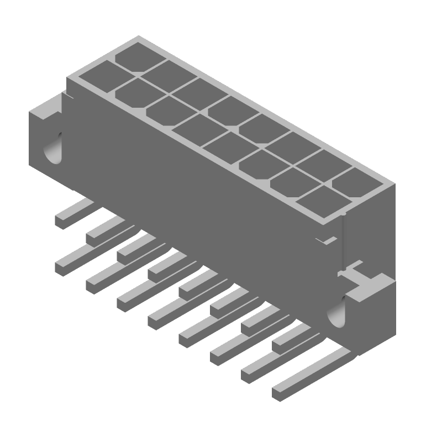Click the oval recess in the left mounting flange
coord(54,148)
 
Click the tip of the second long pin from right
coord(248,375)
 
